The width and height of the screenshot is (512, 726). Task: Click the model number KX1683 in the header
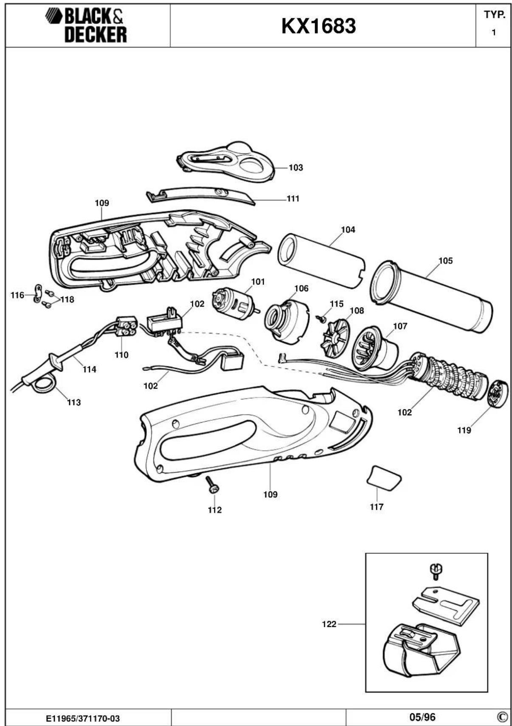coord(318,26)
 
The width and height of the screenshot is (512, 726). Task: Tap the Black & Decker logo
coord(87,25)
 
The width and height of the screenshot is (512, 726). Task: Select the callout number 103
coord(295,168)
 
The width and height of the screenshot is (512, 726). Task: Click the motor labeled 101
coord(234,303)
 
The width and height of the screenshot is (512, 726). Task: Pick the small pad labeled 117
coord(384,478)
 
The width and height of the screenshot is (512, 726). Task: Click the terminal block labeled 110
coord(126,326)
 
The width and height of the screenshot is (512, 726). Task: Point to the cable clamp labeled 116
coord(37,293)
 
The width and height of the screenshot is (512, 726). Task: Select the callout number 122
coord(329,624)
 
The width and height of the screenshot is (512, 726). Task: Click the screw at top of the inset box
coord(435,571)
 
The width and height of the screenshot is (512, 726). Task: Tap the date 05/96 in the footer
coord(422,717)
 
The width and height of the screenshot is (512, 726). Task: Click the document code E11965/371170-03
coord(83,718)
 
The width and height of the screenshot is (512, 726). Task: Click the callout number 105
coord(445,261)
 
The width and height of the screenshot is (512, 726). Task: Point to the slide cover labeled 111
coord(200,194)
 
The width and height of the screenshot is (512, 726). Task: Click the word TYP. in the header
coord(494,15)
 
